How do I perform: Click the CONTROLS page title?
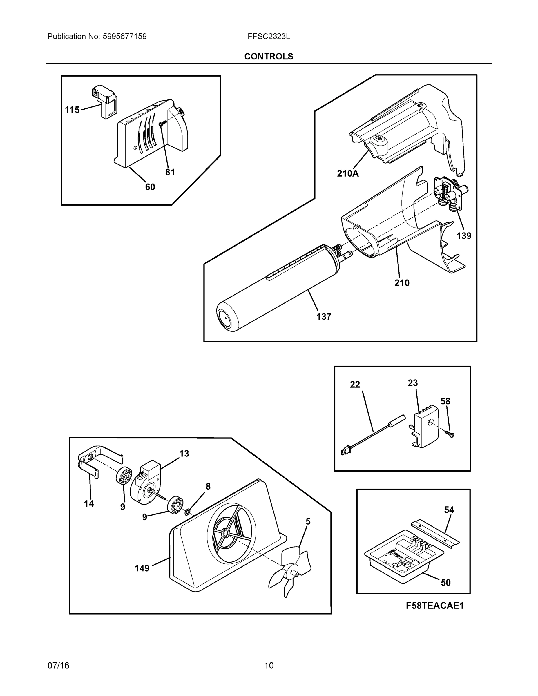[x=269, y=57]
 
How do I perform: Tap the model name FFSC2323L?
[x=269, y=36]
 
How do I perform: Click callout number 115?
[x=72, y=110]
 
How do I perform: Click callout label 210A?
[x=348, y=173]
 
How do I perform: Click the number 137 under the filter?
[x=323, y=316]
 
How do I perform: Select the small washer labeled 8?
[x=188, y=512]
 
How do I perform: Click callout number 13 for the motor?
[x=184, y=453]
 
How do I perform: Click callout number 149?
[x=142, y=568]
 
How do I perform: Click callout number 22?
[x=355, y=385]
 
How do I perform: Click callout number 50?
[x=445, y=582]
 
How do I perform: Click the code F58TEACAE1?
[x=435, y=606]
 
